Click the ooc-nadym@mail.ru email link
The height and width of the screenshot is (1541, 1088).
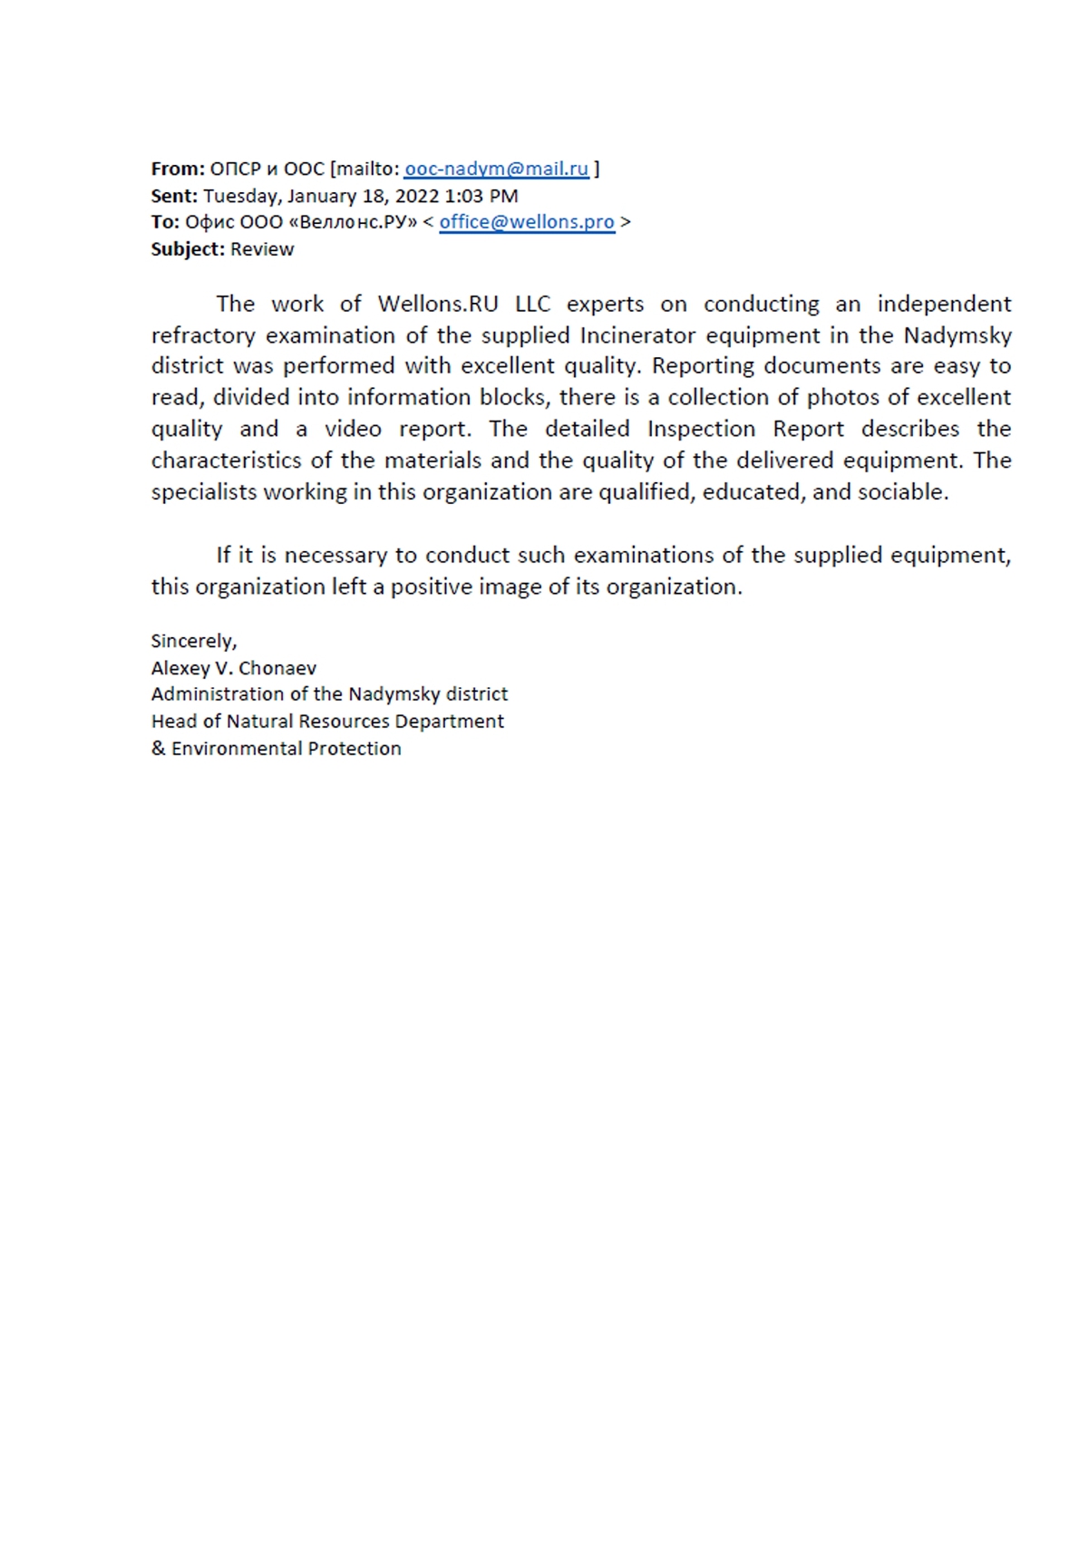(496, 169)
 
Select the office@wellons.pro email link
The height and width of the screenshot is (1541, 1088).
(527, 222)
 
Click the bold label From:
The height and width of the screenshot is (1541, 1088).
(178, 169)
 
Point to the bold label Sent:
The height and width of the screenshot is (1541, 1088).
(174, 196)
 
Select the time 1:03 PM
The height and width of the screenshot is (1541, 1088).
(481, 196)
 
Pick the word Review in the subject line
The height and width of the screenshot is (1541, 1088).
(262, 249)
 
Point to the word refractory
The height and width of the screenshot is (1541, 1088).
(203, 335)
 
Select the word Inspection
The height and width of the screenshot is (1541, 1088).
(701, 429)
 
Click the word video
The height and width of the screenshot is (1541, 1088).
(353, 429)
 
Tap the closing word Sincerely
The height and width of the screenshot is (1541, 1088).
(193, 641)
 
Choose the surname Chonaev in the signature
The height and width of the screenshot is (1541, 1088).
(278, 668)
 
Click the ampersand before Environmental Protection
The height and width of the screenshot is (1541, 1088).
(159, 749)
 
